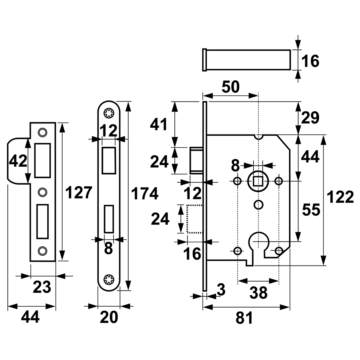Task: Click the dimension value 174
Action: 144,194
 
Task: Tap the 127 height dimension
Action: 79,193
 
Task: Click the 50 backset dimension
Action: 231,87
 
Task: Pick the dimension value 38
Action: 258,293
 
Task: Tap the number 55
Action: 311,210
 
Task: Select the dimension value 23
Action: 42,287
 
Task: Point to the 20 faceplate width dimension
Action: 109,318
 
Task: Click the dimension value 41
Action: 159,125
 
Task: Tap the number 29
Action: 310,118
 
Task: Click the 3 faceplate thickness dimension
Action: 221,290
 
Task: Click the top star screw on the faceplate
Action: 109,113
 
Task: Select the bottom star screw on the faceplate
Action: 109,280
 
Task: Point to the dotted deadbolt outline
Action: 194,219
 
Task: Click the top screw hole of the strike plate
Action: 42,132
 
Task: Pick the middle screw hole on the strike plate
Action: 42,192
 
